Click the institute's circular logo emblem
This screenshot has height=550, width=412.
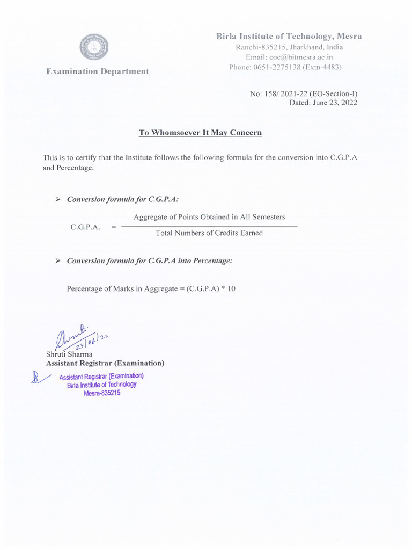(94, 47)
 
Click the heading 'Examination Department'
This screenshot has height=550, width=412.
(97, 71)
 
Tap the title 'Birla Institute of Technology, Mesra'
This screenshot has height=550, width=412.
(289, 37)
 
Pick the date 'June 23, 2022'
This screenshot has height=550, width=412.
(334, 103)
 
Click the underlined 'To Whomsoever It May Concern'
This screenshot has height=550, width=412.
(200, 133)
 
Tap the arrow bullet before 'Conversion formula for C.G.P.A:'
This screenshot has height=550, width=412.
(58, 199)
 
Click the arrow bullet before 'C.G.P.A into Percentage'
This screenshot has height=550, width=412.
(58, 260)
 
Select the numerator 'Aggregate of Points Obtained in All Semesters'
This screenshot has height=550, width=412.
(209, 217)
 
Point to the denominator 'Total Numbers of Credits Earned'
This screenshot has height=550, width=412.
(209, 233)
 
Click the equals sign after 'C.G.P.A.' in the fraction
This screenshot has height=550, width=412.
(113, 227)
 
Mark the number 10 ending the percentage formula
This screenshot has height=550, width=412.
(231, 289)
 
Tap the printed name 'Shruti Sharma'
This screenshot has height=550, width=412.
(69, 354)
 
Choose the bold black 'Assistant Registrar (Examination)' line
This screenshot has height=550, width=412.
(105, 364)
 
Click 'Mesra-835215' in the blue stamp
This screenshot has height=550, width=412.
(102, 393)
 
